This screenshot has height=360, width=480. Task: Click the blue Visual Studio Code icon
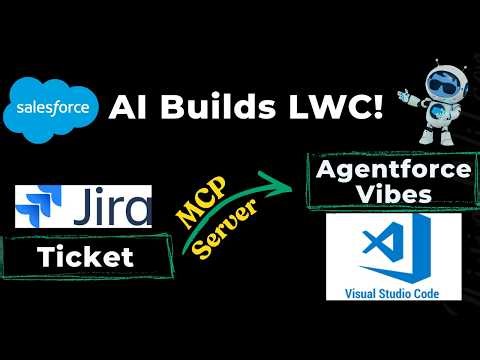392,254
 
